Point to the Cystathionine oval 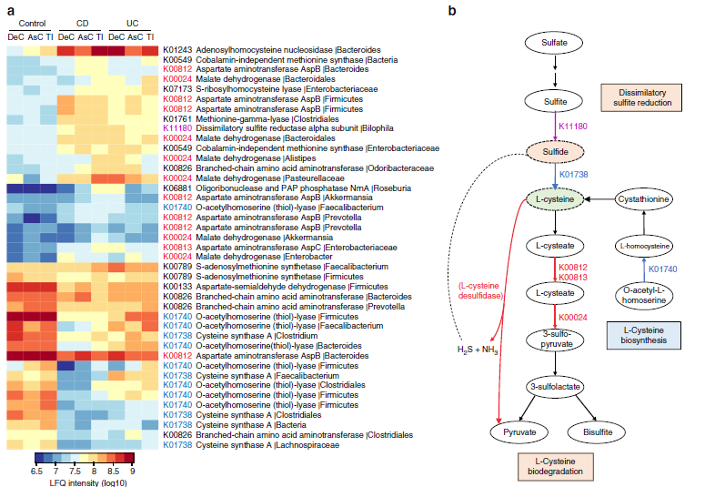[646, 198]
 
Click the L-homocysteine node [646, 245]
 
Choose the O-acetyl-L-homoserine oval [646, 295]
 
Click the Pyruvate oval [517, 430]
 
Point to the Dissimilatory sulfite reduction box [642, 97]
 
